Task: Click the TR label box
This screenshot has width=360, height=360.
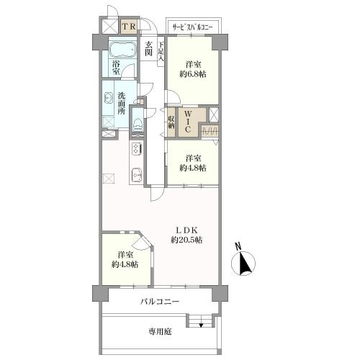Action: click(x=130, y=27)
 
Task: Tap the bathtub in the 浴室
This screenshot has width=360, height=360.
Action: click(x=122, y=50)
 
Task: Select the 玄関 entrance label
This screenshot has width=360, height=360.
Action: click(x=148, y=49)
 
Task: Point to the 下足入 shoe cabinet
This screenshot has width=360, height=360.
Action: click(x=161, y=51)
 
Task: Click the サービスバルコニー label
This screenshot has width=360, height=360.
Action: click(x=193, y=27)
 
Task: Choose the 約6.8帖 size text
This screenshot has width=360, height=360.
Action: click(x=193, y=74)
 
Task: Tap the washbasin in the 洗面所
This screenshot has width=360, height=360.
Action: click(x=108, y=98)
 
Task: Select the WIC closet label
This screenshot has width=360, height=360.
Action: click(x=188, y=121)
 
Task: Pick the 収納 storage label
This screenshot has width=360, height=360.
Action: click(x=171, y=122)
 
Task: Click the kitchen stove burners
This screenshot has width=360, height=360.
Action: click(x=136, y=148)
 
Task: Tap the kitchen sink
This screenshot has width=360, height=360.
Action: click(x=136, y=174)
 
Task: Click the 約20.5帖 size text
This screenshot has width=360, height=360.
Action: click(x=186, y=240)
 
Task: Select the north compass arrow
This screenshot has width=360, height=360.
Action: click(x=245, y=264)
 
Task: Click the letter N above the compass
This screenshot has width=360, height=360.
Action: click(x=238, y=246)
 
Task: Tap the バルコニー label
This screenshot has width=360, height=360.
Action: click(x=160, y=302)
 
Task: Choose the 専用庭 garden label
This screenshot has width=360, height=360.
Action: click(x=160, y=332)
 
